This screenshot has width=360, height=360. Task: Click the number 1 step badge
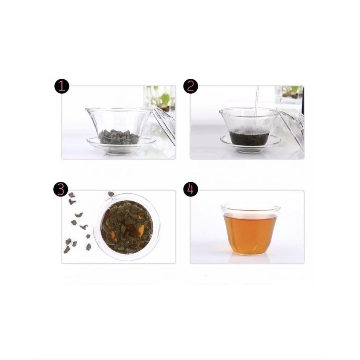62,86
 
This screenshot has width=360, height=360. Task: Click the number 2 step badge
191,86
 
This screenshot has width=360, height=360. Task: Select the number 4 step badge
191,189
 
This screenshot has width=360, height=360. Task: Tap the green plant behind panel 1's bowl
164,98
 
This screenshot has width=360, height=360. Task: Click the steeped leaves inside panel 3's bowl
127,227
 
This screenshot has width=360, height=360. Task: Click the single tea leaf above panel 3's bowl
111,194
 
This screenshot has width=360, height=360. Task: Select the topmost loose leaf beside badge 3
71,194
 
